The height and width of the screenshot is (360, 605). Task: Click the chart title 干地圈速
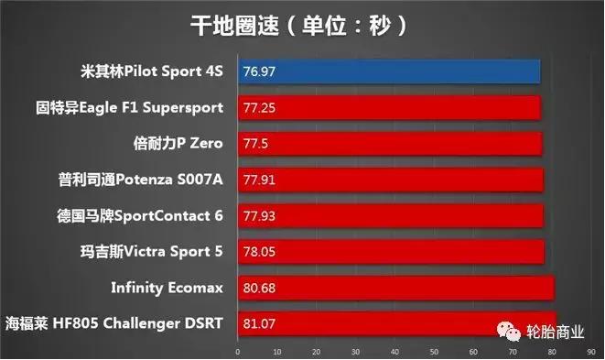(x=301, y=24)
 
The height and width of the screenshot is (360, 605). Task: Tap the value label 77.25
(x=259, y=107)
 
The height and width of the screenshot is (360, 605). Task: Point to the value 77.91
(x=259, y=180)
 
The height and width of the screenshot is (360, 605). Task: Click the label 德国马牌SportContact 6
(x=140, y=215)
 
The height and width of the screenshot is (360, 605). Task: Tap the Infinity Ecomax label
(x=167, y=288)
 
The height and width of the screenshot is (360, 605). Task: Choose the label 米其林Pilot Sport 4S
(x=152, y=71)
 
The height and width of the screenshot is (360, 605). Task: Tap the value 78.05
(x=259, y=251)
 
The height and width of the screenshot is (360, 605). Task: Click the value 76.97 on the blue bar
(x=259, y=71)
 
